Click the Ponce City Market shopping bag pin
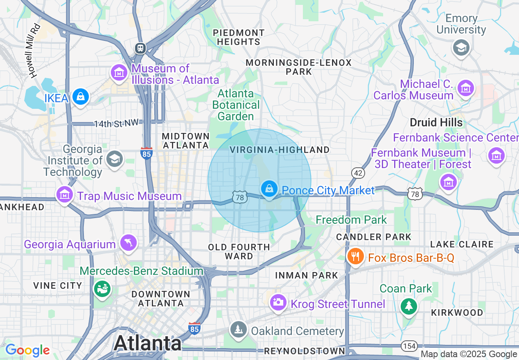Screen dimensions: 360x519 269,189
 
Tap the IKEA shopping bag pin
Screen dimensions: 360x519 81,97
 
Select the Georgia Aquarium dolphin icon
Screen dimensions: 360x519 128,243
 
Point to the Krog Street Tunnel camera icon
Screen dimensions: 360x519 278,303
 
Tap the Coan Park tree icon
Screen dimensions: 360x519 408,306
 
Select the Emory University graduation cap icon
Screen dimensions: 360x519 461,47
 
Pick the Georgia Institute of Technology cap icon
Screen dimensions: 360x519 114,159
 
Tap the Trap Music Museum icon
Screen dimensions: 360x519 65,195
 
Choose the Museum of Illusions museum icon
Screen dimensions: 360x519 119,73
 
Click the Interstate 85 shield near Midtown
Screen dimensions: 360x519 147,153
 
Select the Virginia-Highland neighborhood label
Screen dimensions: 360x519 280,150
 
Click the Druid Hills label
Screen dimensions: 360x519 436,122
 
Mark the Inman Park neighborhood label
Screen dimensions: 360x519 307,275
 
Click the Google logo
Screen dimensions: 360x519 27,350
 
